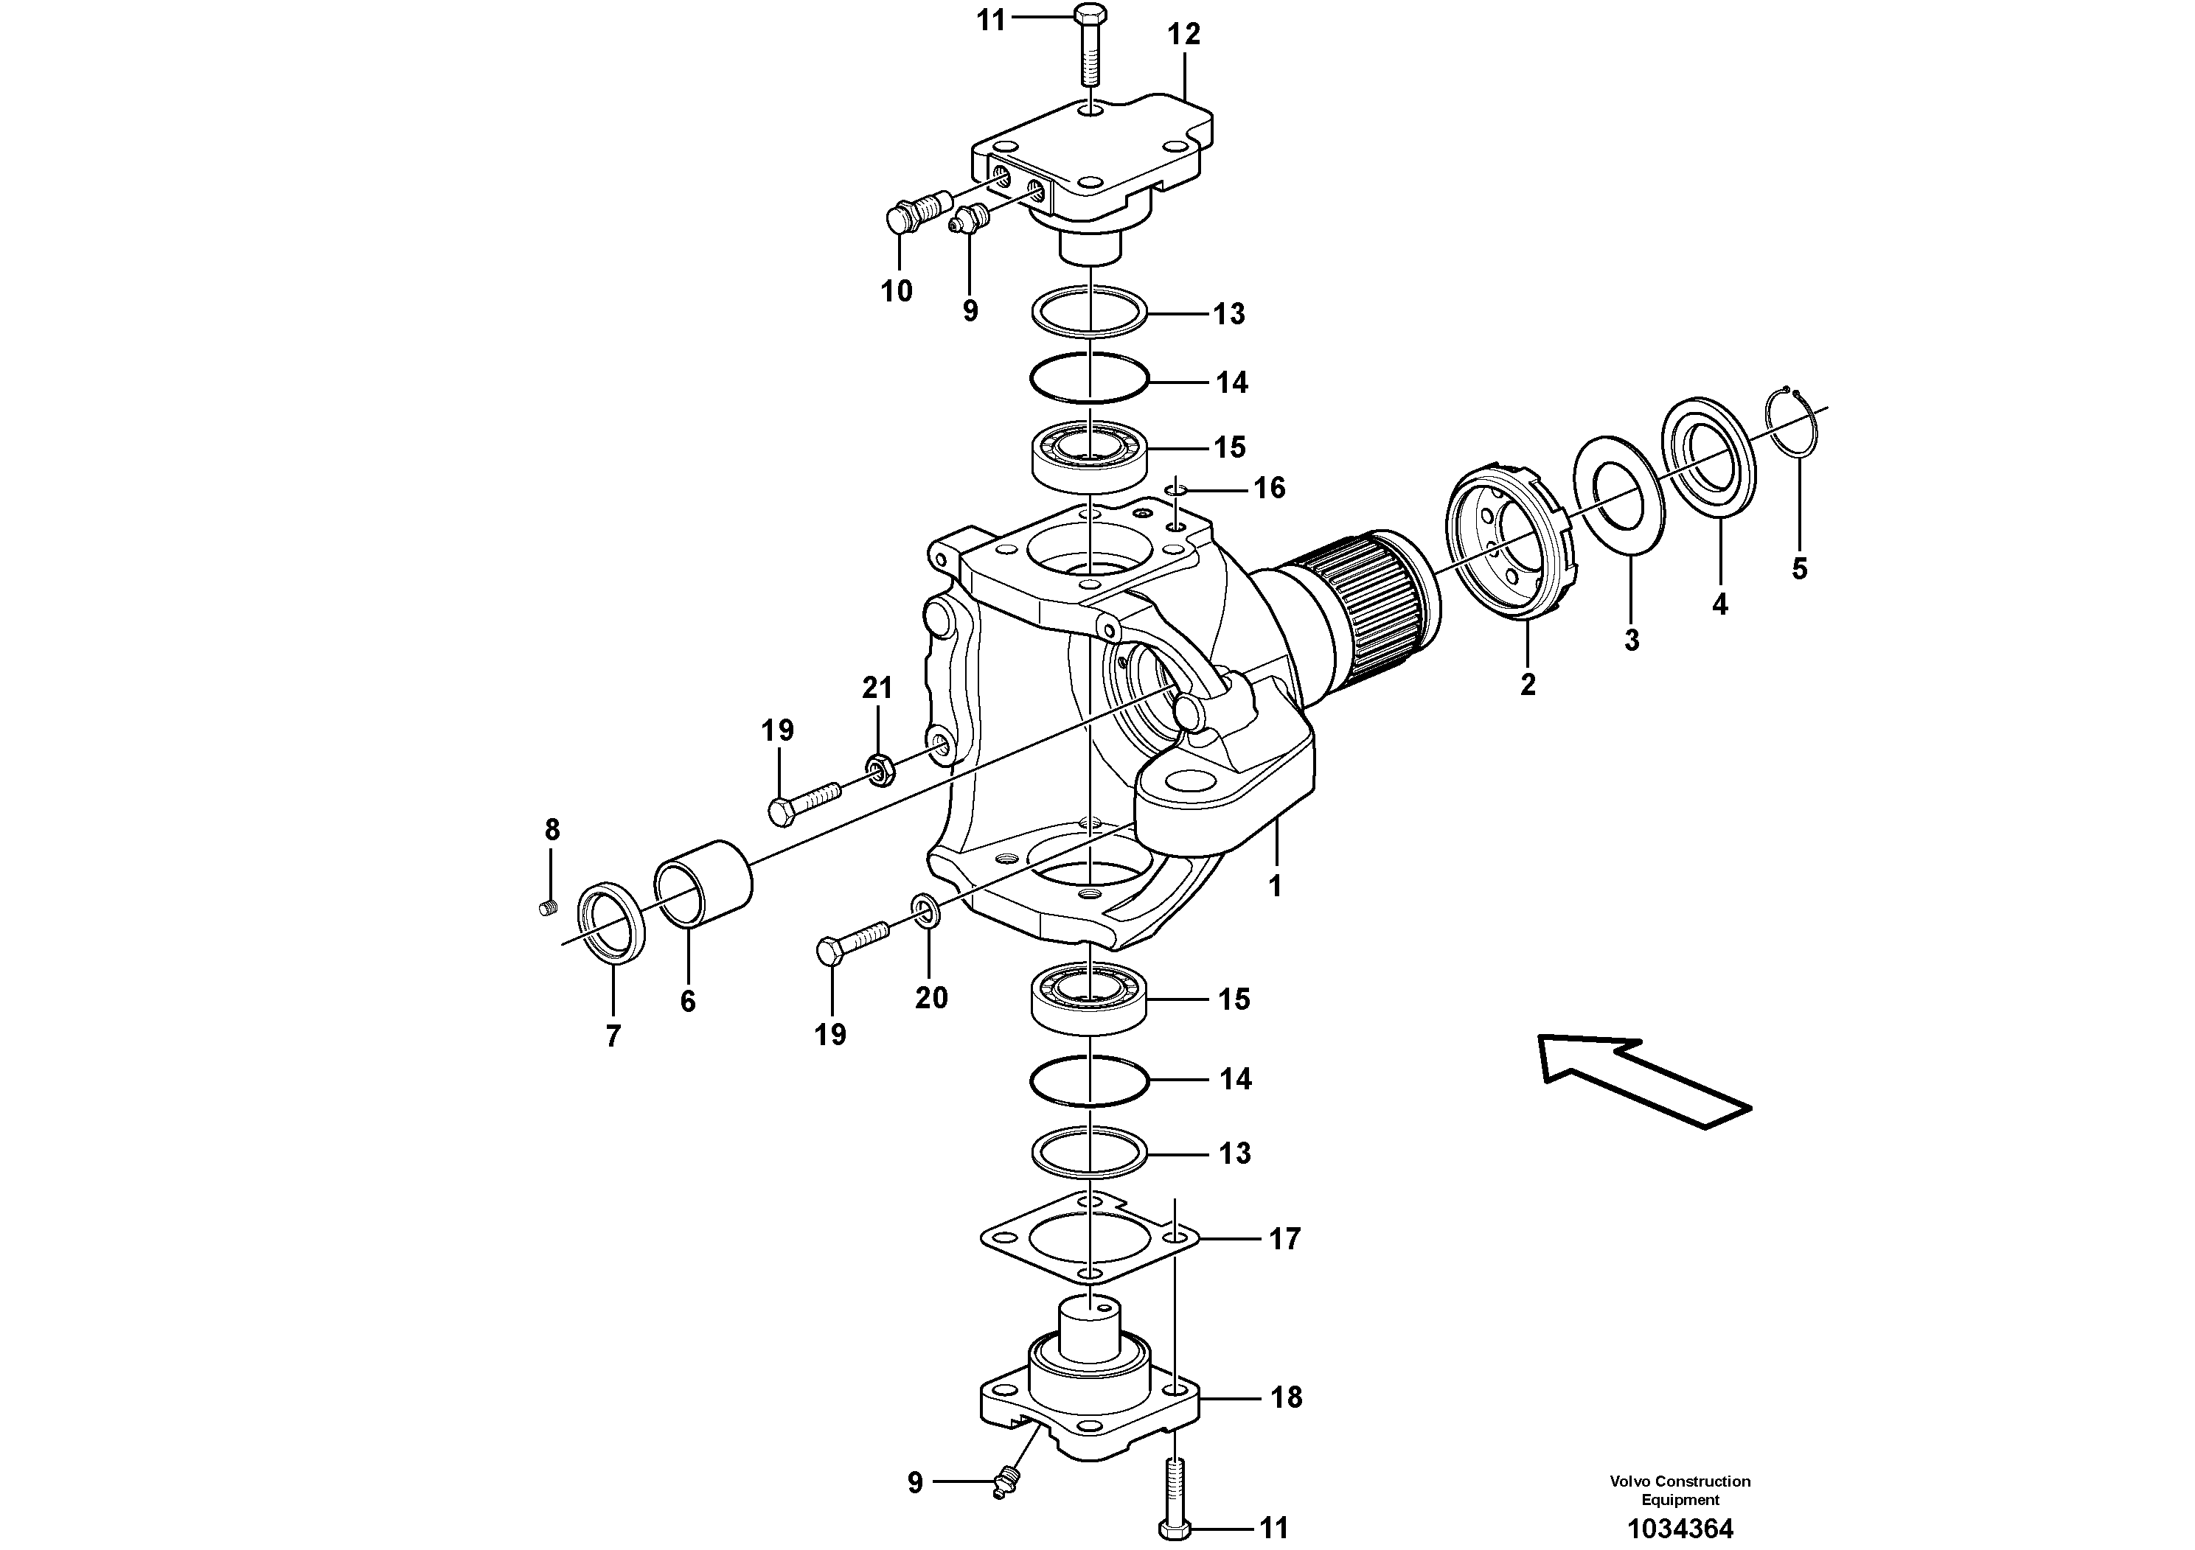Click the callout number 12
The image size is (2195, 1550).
(1183, 35)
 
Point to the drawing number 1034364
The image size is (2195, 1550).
(1680, 1529)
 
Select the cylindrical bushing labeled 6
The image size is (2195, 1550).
(703, 884)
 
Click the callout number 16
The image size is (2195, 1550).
(1269, 489)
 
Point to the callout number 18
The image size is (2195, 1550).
(1286, 1397)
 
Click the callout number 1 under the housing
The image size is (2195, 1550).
(1274, 886)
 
